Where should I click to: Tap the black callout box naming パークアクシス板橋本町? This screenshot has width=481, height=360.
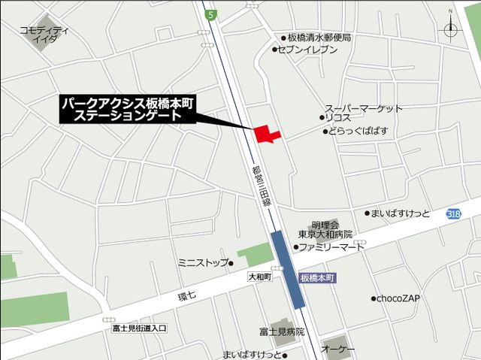tap(127, 110)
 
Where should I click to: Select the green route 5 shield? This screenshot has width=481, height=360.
tap(213, 14)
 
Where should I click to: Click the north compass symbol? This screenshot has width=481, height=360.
tap(451, 29)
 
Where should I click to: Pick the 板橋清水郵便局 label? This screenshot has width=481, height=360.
tap(319, 37)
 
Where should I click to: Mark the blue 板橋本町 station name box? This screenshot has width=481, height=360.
tap(317, 277)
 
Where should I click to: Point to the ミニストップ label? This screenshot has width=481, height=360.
tap(202, 263)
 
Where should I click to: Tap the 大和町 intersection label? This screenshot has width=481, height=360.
tap(259, 277)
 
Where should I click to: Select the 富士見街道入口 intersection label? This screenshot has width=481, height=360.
tap(140, 328)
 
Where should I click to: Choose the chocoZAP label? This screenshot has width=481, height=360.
tap(398, 298)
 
